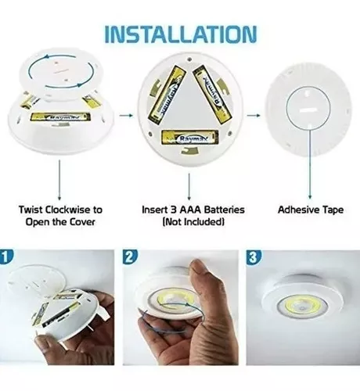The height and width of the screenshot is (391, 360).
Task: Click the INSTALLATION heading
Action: click(x=181, y=34)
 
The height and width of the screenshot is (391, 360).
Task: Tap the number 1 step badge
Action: click(x=5, y=256)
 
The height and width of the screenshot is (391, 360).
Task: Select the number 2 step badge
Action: click(x=130, y=257)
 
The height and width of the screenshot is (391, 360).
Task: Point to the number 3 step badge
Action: click(x=254, y=257)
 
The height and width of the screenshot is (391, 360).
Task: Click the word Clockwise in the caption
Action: click(x=67, y=210)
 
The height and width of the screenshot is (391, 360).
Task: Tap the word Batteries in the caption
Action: click(x=225, y=210)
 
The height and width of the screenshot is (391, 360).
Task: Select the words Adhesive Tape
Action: click(x=311, y=210)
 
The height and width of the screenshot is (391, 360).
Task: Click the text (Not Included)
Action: click(x=193, y=222)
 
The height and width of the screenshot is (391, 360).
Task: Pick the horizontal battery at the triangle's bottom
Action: click(x=189, y=138)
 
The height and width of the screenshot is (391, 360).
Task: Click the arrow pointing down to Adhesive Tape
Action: click(x=310, y=164)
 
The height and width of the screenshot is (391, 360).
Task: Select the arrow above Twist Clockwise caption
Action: click(x=59, y=181)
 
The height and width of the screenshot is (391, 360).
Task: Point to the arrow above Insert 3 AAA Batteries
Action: click(x=189, y=187)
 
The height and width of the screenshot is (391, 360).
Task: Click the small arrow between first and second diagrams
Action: click(x=126, y=115)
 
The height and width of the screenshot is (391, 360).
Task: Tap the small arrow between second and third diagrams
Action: click(x=254, y=115)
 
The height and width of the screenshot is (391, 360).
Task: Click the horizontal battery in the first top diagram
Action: click(x=60, y=117)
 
